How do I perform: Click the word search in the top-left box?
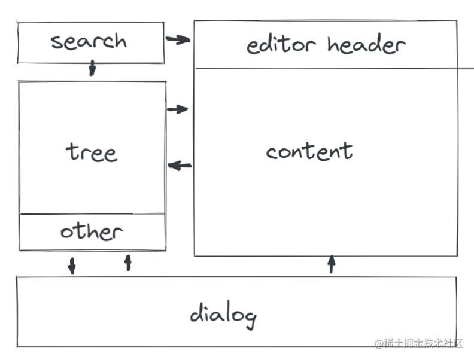point(89,41)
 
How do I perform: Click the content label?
point(309,151)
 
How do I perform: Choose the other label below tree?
point(91,231)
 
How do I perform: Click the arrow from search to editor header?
point(178,40)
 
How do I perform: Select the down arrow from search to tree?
point(92,68)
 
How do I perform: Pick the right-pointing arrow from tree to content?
point(178,109)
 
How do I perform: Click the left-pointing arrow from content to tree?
point(180,166)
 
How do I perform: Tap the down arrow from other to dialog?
point(72,266)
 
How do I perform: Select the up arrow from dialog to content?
point(332,264)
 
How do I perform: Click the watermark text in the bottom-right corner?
point(419,343)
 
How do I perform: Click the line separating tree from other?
point(92,213)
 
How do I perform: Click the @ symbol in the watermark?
point(379,344)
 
